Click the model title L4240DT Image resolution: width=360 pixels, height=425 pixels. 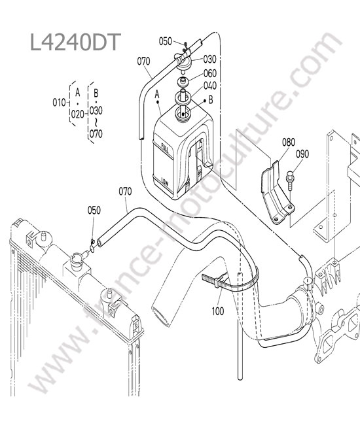click(75, 42)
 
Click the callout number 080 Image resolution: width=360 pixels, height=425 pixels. click(289, 142)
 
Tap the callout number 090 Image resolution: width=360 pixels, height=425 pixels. click(302, 154)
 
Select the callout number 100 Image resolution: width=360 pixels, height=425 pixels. click(218, 311)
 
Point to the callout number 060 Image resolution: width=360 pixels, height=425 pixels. click(210, 73)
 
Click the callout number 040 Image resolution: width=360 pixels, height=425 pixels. click(210, 86)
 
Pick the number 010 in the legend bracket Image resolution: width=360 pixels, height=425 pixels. click(59, 103)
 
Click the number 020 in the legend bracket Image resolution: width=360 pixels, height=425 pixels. click(78, 114)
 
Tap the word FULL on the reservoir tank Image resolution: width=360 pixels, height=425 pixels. click(165, 148)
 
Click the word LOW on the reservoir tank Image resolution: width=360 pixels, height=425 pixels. click(165, 182)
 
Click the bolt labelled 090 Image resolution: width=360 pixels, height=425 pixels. click(290, 180)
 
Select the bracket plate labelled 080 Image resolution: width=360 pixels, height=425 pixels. click(276, 194)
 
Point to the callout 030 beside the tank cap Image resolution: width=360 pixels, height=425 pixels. click(209, 59)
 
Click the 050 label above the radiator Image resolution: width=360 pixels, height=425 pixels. click(94, 210)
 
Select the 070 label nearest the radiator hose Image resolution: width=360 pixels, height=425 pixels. click(125, 192)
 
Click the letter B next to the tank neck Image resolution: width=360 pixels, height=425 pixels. click(211, 100)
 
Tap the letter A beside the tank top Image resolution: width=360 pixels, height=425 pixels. click(157, 94)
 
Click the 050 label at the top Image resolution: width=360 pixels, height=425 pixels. click(165, 41)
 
